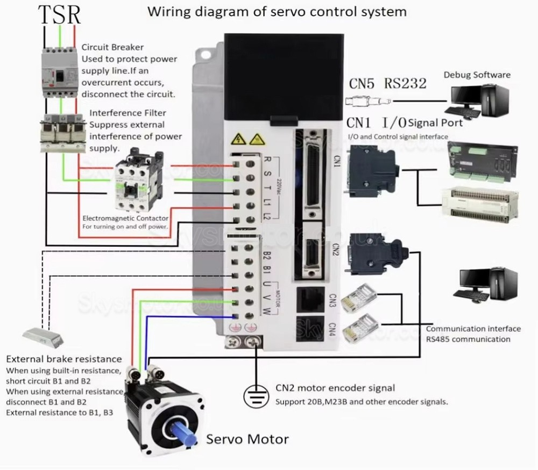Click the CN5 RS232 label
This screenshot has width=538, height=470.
click(x=387, y=83)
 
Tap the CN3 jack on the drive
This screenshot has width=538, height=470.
click(x=310, y=299)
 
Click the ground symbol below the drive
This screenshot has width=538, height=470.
click(x=257, y=395)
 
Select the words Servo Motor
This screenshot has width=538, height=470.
click(x=247, y=439)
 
